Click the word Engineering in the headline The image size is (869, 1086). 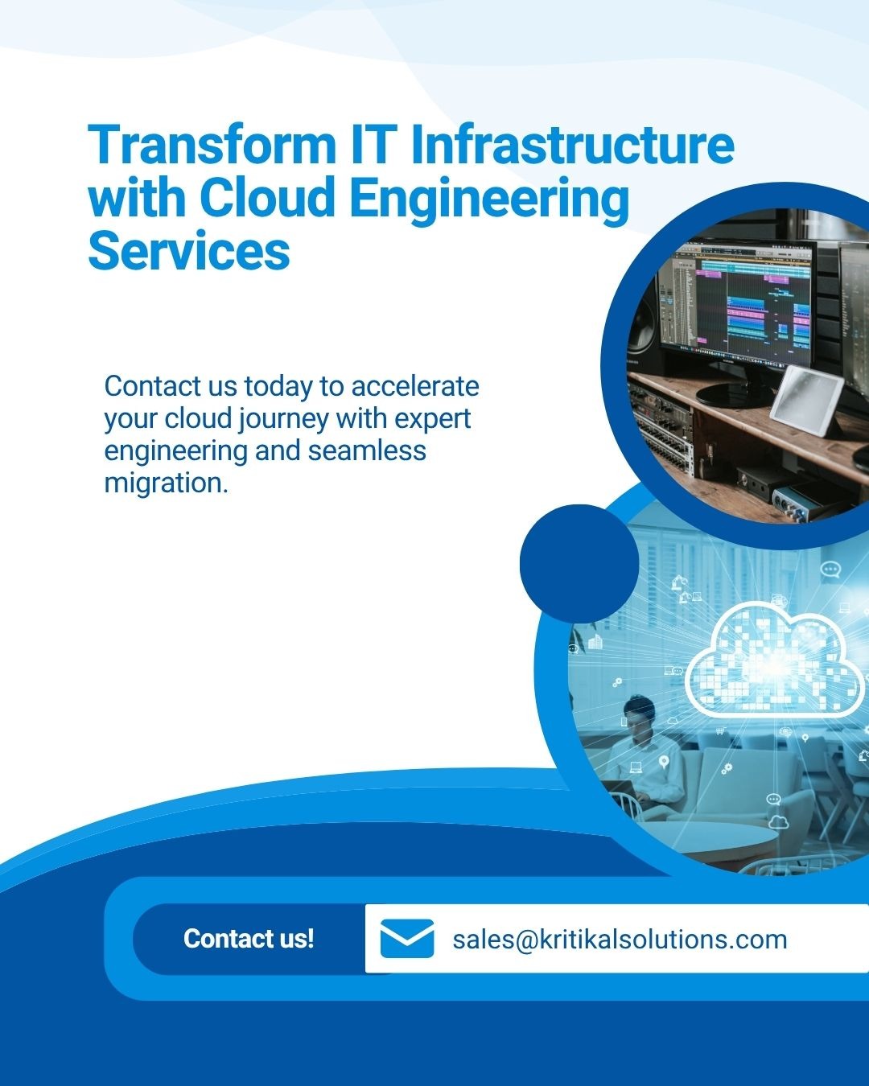(x=489, y=200)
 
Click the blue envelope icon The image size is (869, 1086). (x=407, y=939)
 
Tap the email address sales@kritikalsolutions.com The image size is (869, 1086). (x=620, y=940)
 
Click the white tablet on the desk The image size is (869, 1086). (x=805, y=401)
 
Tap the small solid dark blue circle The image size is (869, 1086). (x=579, y=564)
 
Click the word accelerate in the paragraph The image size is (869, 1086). (x=415, y=387)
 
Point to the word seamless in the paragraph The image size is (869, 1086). (x=367, y=450)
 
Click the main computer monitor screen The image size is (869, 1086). (x=738, y=302)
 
